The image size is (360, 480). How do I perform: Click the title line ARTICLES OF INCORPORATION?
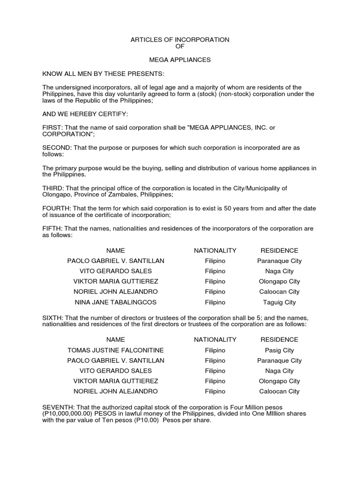(x=180, y=40)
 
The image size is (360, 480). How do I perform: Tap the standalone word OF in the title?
(x=180, y=46)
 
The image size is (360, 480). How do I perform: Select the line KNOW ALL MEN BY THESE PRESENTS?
(x=103, y=74)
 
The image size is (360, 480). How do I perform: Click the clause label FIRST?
(x=52, y=128)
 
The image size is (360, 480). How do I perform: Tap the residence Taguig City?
(x=279, y=302)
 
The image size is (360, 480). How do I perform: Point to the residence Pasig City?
(x=279, y=350)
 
